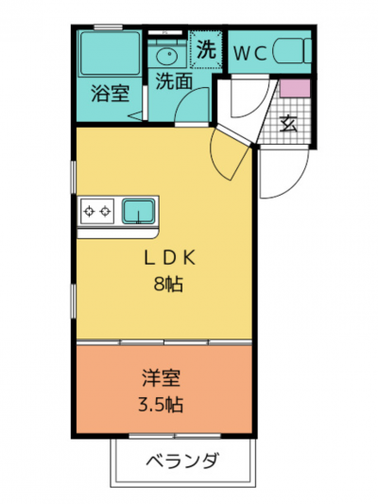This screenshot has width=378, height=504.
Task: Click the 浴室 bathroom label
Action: click(x=110, y=94)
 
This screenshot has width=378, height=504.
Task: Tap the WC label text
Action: click(x=250, y=54)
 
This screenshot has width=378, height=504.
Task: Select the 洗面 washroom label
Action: click(x=174, y=81)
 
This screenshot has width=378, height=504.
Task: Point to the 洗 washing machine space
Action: click(x=206, y=49)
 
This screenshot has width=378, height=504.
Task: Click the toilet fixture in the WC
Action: click(x=292, y=51)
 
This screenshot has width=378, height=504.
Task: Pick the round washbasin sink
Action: click(x=167, y=56)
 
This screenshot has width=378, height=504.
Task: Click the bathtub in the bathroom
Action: click(x=110, y=53)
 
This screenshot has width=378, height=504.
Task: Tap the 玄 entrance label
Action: click(x=288, y=124)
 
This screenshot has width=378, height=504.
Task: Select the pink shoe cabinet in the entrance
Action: click(x=295, y=88)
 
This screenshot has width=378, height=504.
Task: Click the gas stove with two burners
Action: click(x=97, y=211)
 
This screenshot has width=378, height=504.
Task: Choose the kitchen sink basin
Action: click(x=138, y=212)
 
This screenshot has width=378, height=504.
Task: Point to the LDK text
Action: click(x=169, y=258)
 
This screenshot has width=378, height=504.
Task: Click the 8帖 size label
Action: click(x=168, y=284)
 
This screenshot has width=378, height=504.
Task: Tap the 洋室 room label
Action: click(x=162, y=378)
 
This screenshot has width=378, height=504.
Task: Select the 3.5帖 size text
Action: click(x=161, y=405)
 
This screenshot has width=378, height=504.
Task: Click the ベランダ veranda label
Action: click(x=183, y=461)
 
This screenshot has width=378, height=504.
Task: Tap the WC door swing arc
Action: click(x=257, y=106)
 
